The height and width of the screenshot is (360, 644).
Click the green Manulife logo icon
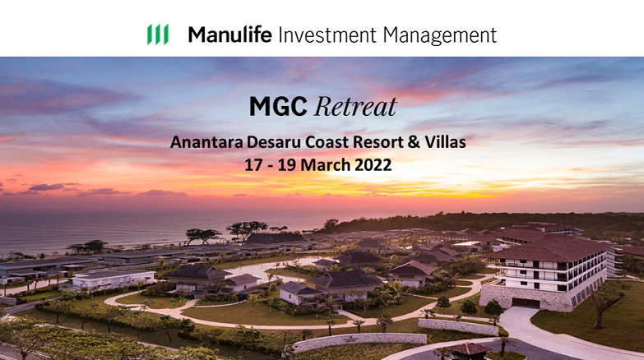(x=158, y=34)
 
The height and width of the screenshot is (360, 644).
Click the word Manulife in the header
(x=230, y=35)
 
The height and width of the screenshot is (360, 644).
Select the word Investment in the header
(x=327, y=35)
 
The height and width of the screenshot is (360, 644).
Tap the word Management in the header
(x=440, y=35)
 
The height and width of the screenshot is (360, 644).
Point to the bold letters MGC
(x=278, y=106)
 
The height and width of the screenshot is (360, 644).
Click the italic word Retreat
(x=355, y=107)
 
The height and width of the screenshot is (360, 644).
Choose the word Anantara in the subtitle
(x=206, y=142)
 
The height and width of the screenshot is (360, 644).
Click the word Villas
(x=445, y=142)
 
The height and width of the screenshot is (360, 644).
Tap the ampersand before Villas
(x=414, y=142)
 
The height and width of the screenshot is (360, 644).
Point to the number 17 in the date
(x=253, y=165)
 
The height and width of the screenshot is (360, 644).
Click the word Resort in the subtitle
(x=378, y=142)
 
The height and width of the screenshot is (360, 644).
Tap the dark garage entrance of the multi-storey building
(x=526, y=303)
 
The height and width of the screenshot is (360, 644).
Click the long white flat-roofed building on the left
(x=112, y=279)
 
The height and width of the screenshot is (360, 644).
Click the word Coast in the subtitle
(x=327, y=142)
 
